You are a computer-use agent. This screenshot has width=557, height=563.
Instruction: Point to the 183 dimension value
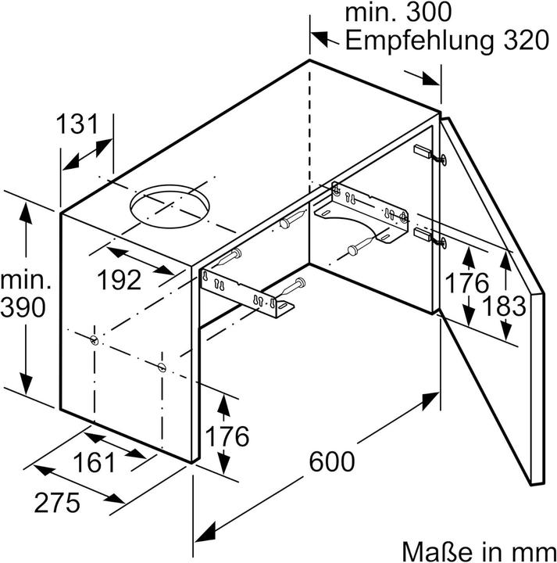click(504, 306)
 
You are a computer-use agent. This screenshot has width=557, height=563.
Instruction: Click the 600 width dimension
click(330, 461)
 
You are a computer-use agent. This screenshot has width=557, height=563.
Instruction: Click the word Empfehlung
click(416, 41)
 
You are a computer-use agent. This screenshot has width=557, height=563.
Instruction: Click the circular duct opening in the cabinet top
click(170, 206)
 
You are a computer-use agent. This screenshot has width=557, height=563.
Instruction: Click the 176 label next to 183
click(466, 282)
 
